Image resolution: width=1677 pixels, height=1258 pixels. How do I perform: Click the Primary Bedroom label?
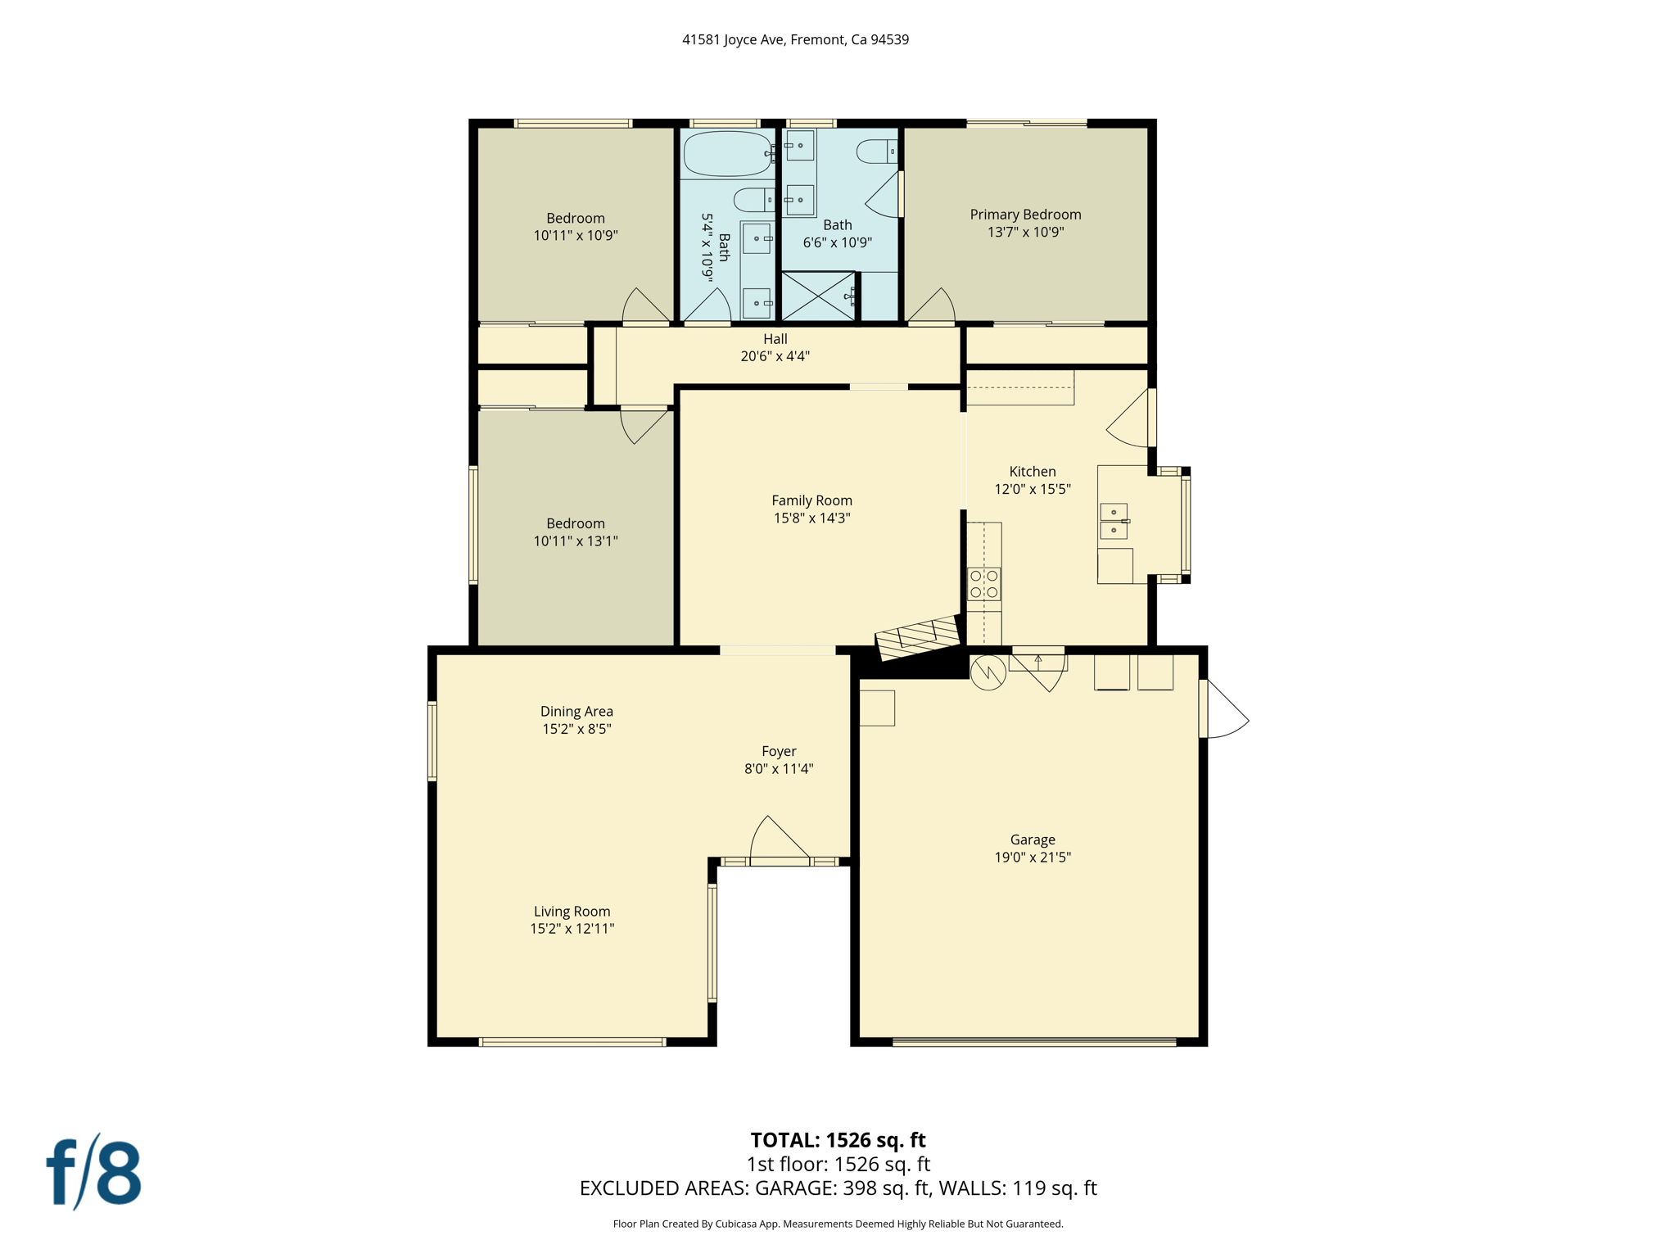(1025, 215)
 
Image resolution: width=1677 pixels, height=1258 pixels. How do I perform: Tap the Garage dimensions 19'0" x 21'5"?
(1033, 858)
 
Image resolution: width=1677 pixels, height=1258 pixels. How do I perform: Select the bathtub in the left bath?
(726, 153)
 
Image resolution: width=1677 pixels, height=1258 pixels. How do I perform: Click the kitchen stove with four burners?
(983, 584)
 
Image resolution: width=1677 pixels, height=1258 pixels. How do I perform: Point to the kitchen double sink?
(1114, 521)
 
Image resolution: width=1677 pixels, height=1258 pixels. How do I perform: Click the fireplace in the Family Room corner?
(918, 637)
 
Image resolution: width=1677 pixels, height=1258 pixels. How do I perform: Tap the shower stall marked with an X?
(818, 296)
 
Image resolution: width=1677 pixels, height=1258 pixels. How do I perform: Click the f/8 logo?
(93, 1172)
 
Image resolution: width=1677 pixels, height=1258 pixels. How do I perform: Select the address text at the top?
(795, 39)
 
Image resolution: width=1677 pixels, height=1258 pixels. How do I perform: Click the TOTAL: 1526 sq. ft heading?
(838, 1140)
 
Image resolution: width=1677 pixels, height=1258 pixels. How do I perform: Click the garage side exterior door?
(1224, 709)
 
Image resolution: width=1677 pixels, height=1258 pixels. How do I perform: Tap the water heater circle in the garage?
(988, 672)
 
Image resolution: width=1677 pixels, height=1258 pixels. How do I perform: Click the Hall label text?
(775, 339)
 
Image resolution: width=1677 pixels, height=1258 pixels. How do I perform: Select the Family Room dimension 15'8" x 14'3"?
(811, 518)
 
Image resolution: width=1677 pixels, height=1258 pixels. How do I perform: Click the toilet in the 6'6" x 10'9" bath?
(876, 152)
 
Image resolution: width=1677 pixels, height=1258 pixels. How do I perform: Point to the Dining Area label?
(576, 712)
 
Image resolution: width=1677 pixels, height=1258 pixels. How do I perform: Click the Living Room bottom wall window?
(572, 1042)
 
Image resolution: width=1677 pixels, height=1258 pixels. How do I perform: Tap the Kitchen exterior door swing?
(1130, 419)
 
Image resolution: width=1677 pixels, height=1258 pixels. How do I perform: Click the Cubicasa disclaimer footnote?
(838, 1224)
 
